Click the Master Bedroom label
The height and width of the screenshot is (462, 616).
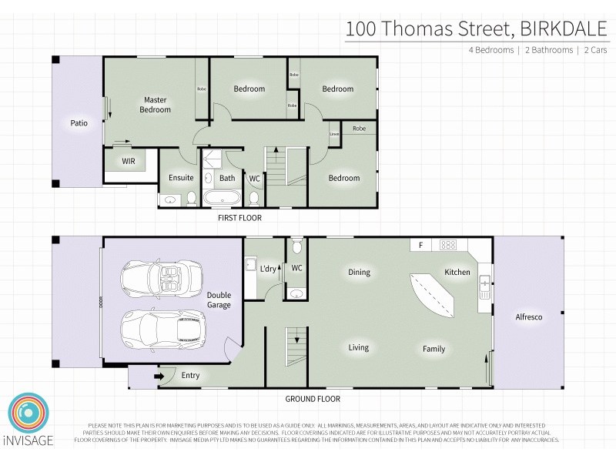[155, 105]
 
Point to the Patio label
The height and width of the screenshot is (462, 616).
[79, 122]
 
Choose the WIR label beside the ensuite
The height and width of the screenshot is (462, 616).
[129, 162]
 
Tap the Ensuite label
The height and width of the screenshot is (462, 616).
[181, 178]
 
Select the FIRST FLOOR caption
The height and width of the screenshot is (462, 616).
[239, 218]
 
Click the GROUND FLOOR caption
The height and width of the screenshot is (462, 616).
[313, 399]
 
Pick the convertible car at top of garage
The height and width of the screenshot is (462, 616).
[161, 275]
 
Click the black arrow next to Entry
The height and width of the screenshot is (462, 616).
[160, 377]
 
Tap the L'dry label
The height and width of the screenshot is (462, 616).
[268, 269]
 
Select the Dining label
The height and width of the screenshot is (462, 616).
[359, 272]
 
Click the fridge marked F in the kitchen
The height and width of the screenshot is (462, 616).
[420, 246]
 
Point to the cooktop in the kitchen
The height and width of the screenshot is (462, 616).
[448, 246]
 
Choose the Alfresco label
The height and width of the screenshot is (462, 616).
[529, 317]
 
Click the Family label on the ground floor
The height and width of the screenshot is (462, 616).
[434, 349]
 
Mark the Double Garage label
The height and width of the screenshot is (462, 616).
[219, 300]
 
